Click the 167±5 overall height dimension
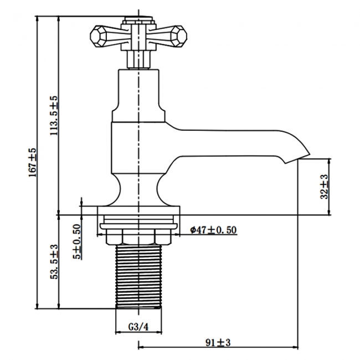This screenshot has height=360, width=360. (x=33, y=161)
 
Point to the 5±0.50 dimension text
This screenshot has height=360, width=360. (x=78, y=241)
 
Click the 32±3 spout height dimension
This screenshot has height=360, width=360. (x=325, y=187)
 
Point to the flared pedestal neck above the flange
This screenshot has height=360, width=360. (x=138, y=188)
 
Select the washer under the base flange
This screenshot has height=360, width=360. (x=138, y=226)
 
